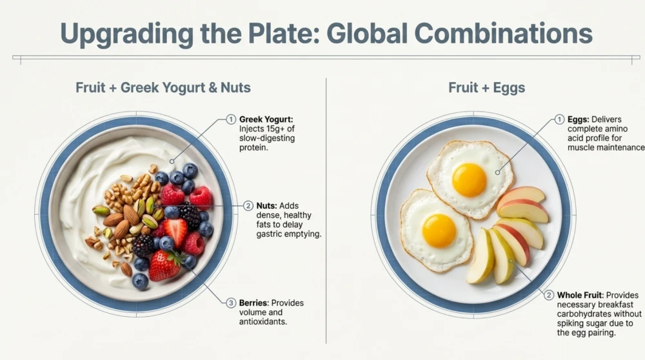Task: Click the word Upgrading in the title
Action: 127,34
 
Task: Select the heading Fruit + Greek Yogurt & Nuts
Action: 163,88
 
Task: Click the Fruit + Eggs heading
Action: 486,88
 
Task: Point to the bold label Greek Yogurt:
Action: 266,120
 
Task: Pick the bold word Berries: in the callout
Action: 253,303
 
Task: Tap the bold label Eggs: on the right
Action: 579,119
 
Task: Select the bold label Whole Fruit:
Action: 580,295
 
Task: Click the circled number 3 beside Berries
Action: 231,303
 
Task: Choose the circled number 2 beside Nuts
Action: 248,206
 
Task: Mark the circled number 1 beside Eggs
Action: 559,119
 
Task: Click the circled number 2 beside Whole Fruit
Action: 549,295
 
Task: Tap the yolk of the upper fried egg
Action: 469,180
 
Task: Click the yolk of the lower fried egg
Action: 439,230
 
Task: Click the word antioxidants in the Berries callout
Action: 263,322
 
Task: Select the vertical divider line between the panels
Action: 326,211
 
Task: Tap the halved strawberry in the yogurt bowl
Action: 175,231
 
